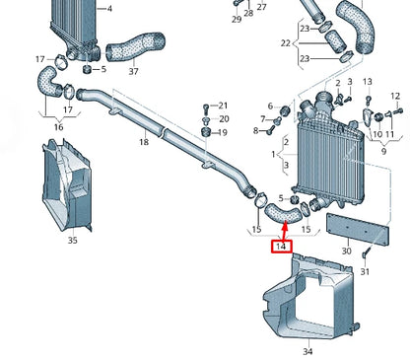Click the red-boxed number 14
click(x=283, y=246)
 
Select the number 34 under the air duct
click(x=307, y=351)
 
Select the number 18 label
click(x=144, y=142)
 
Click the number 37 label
click(x=133, y=71)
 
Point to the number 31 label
click(x=365, y=271)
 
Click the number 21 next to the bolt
click(x=223, y=106)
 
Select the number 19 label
click(x=223, y=132)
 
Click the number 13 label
click(x=368, y=82)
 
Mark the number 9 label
click(x=382, y=153)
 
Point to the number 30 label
click(x=346, y=252)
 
